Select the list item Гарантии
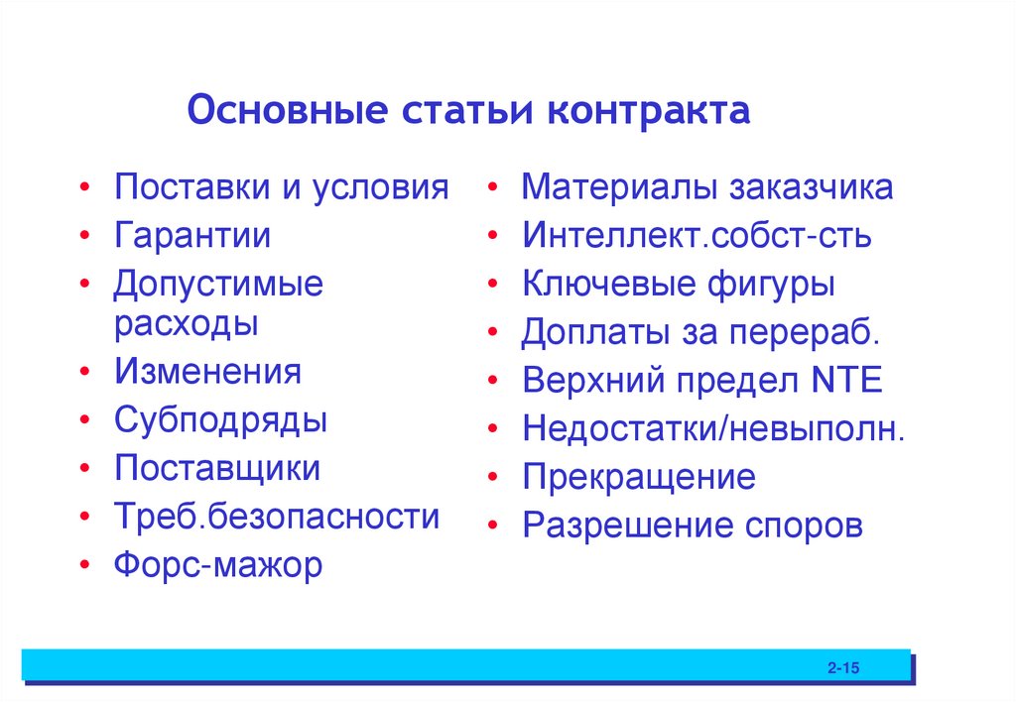point(191,236)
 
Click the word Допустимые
point(218,285)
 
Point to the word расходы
point(186,322)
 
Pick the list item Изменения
point(206,372)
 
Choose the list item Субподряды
point(220,419)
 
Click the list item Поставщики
point(216,468)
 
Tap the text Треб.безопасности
point(276,517)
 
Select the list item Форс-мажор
point(217,565)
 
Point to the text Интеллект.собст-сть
point(697,236)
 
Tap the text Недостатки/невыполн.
point(712,429)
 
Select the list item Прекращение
point(638,478)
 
